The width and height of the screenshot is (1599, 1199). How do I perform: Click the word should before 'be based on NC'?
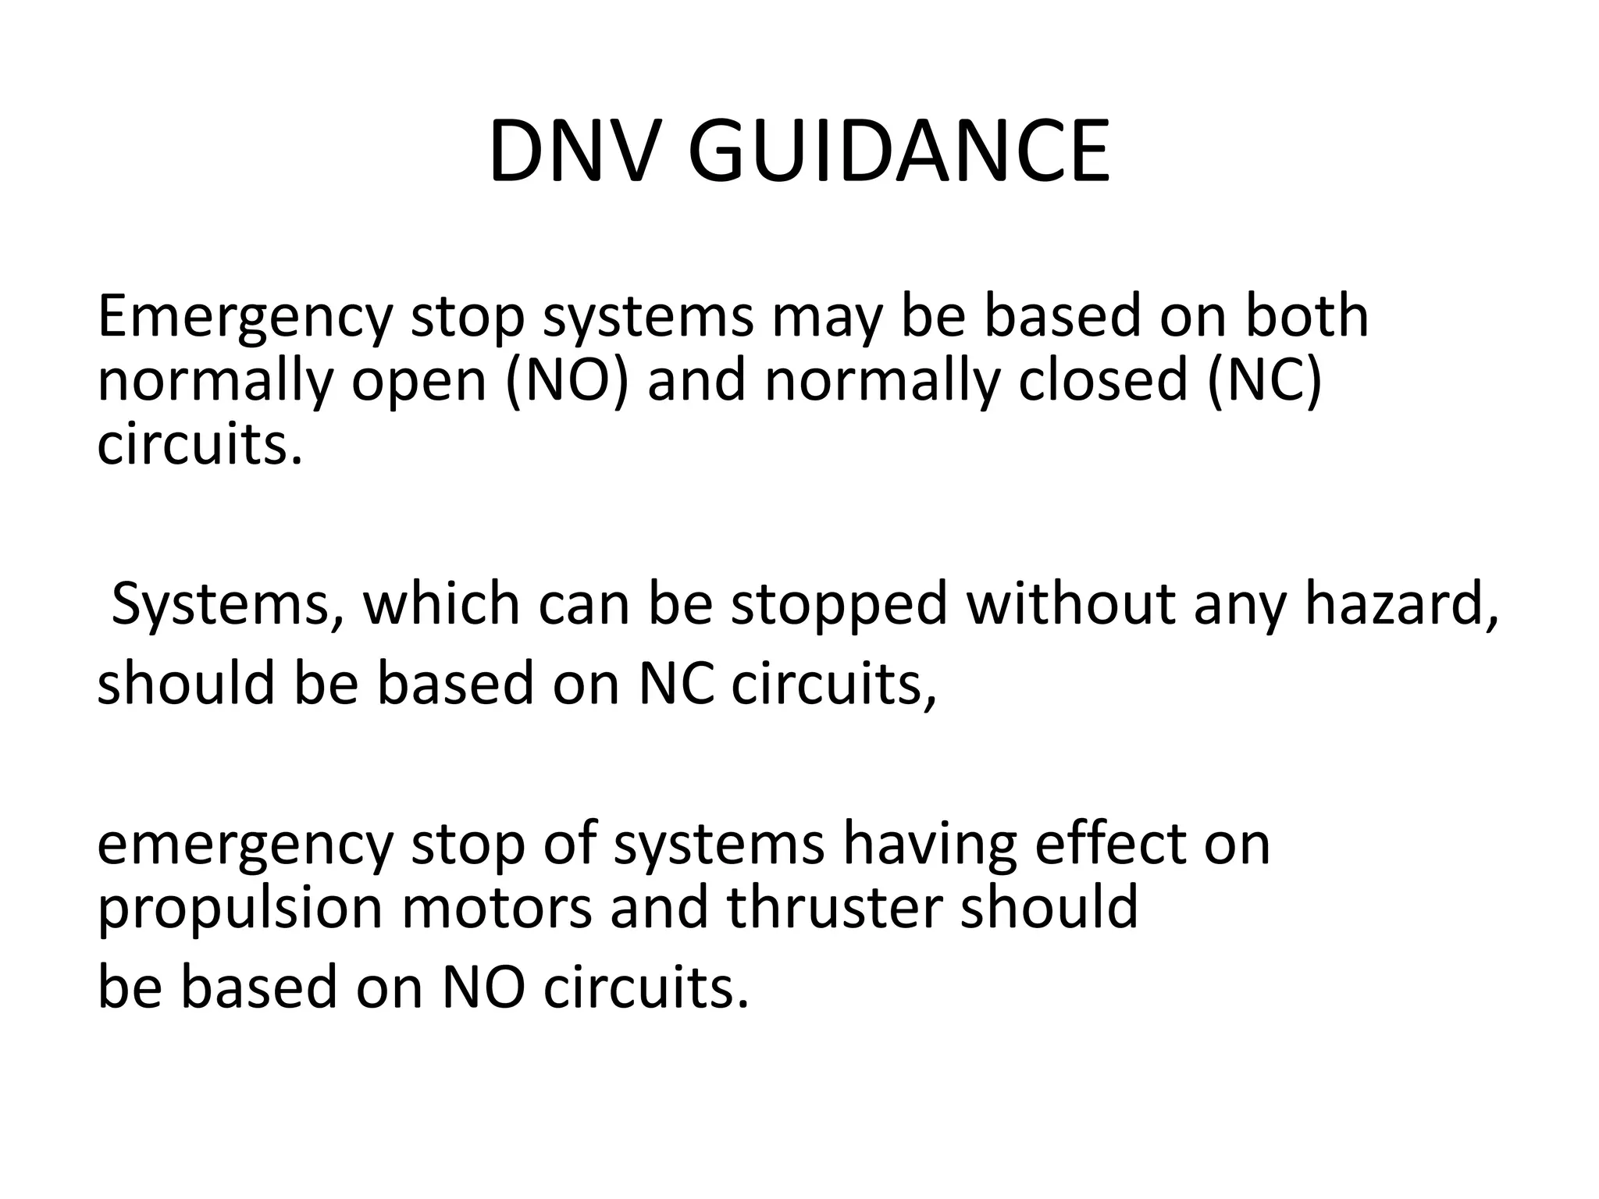(186, 682)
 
